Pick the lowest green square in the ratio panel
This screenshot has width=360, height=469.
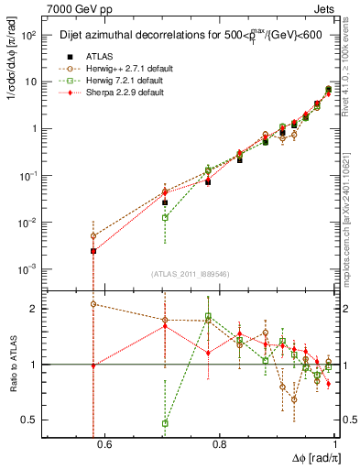coord(165,423)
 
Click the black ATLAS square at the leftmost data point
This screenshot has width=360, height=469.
coord(93,251)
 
